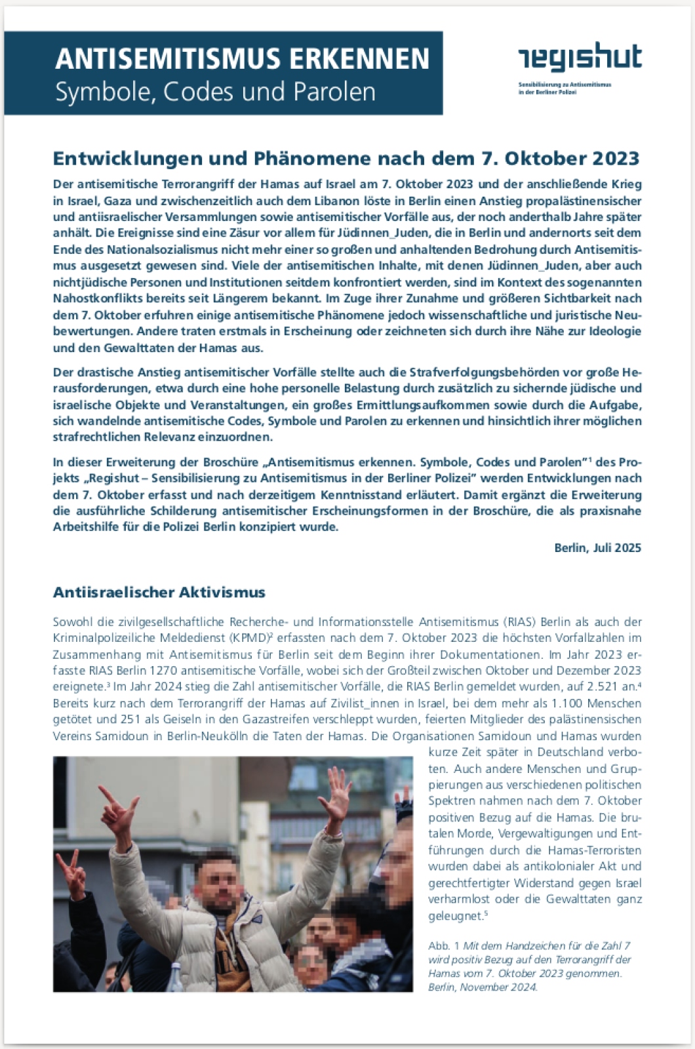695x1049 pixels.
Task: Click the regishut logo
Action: (x=580, y=59)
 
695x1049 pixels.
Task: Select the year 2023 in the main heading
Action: (x=616, y=159)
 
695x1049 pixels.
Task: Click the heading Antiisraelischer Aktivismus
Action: (x=159, y=593)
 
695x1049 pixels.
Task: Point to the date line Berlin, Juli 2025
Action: (x=597, y=547)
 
